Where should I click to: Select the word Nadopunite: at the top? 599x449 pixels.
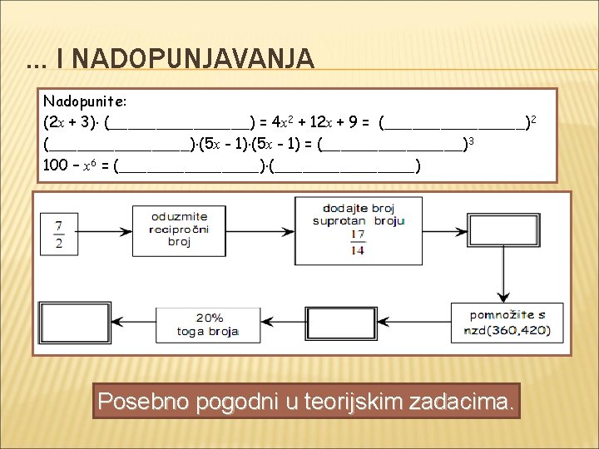85,101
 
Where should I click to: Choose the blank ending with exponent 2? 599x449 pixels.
454,124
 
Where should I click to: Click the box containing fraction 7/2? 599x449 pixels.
59,232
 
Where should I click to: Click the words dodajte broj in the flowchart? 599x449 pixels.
359,208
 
